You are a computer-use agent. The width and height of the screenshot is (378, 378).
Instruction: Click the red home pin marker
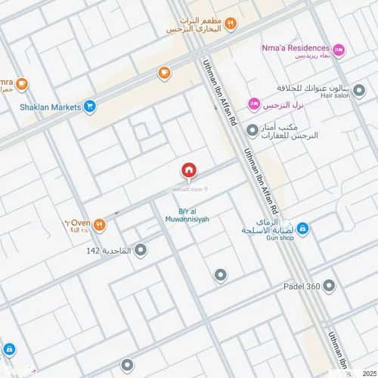pyautogui.click(x=188, y=170)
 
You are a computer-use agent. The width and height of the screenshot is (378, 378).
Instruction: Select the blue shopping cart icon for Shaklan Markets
pyautogui.click(x=91, y=107)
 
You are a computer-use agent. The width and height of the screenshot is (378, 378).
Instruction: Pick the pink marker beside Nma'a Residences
pyautogui.click(x=339, y=50)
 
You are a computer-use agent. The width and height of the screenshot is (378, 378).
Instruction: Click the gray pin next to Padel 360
pyautogui.click(x=329, y=286)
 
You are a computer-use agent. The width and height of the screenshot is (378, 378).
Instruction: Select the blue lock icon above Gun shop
pyautogui.click(x=302, y=228)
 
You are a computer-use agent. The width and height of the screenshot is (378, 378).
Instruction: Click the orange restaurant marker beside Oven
pyautogui.click(x=99, y=225)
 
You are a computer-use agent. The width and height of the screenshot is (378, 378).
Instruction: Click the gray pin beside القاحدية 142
pyautogui.click(x=140, y=249)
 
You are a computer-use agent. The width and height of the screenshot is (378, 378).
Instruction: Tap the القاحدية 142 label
pyautogui.click(x=108, y=250)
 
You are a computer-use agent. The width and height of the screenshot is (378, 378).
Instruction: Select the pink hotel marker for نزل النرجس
pyautogui.click(x=254, y=104)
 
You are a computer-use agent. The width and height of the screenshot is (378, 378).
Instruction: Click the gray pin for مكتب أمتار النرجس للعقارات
pyautogui.click(x=253, y=130)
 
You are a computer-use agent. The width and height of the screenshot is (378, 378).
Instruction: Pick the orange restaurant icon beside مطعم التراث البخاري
pyautogui.click(x=231, y=23)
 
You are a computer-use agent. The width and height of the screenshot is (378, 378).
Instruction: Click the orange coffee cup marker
pyautogui.click(x=164, y=73)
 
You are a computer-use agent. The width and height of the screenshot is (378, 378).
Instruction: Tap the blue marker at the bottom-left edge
pyautogui.click(x=8, y=350)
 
